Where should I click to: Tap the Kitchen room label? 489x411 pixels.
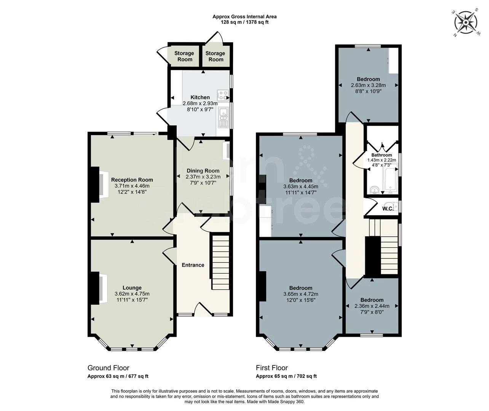click(x=200, y=97)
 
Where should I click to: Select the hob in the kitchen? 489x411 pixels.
click(x=222, y=94)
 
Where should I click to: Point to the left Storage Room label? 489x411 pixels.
click(x=184, y=56)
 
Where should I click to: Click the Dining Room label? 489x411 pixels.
click(x=203, y=171)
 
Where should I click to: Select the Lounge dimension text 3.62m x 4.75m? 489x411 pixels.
click(x=132, y=294)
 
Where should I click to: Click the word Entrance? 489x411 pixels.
click(x=193, y=265)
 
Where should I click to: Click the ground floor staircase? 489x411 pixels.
click(x=221, y=263)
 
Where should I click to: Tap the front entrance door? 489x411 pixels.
click(x=203, y=309)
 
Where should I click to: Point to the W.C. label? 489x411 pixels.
click(x=388, y=209)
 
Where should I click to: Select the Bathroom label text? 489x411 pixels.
click(x=382, y=155)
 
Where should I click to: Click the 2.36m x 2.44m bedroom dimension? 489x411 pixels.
click(x=372, y=306)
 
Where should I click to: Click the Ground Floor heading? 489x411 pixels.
click(x=109, y=368)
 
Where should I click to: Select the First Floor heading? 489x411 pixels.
click(x=272, y=368)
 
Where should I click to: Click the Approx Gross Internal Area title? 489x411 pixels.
click(x=244, y=16)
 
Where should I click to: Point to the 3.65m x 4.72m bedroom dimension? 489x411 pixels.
click(x=300, y=294)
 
